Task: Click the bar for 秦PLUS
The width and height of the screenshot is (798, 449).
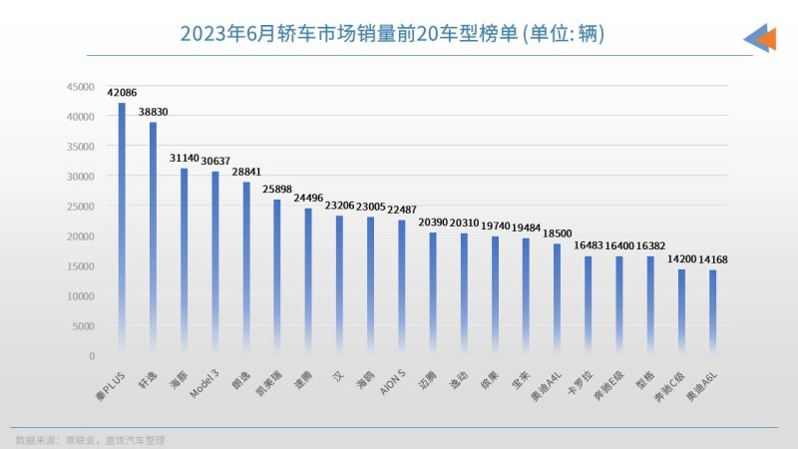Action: (x=122, y=228)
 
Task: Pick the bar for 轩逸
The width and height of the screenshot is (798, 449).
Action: (x=153, y=238)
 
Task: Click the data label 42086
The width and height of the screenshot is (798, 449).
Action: (x=122, y=91)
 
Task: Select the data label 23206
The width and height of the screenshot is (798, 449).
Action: (x=339, y=205)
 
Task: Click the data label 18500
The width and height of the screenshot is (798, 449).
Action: (x=557, y=233)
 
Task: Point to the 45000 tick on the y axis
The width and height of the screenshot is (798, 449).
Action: (x=81, y=87)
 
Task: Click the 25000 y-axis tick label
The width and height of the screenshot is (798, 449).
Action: (x=81, y=207)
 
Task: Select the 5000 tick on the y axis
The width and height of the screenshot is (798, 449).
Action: (x=84, y=326)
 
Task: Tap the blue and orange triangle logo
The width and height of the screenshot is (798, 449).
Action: (x=760, y=37)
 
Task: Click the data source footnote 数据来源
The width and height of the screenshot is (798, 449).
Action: (x=90, y=439)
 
